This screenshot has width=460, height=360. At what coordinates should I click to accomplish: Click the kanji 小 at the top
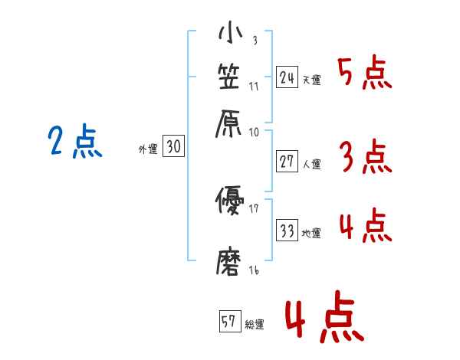230,35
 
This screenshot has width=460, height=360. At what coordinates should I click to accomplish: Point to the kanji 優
230,201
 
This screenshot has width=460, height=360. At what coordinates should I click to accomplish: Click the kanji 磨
230,260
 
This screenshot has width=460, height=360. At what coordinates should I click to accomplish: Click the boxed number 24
287,77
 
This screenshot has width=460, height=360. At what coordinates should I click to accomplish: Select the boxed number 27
287,161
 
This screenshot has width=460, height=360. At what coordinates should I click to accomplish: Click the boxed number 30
173,148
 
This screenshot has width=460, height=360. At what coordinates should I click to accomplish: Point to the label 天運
311,79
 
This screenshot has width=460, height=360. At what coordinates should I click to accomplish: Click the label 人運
311,163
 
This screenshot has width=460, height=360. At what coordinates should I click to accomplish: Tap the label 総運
255,325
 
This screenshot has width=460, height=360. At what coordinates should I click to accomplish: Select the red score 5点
364,74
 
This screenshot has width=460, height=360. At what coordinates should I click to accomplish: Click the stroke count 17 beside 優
253,208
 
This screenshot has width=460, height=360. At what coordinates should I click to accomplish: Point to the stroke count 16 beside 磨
253,270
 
